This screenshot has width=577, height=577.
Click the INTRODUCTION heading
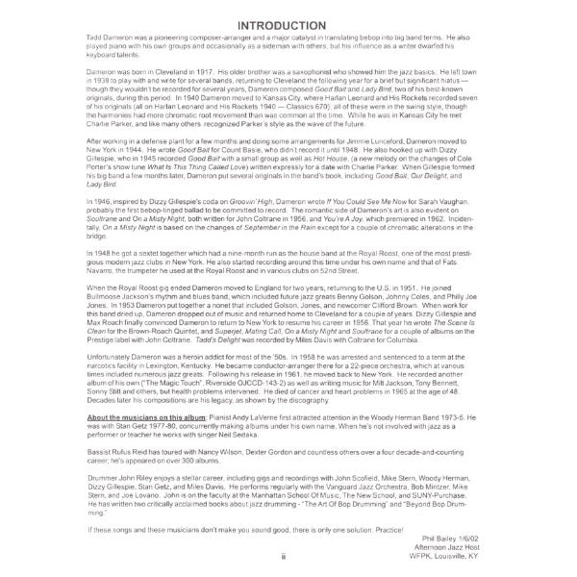click(x=288, y=24)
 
